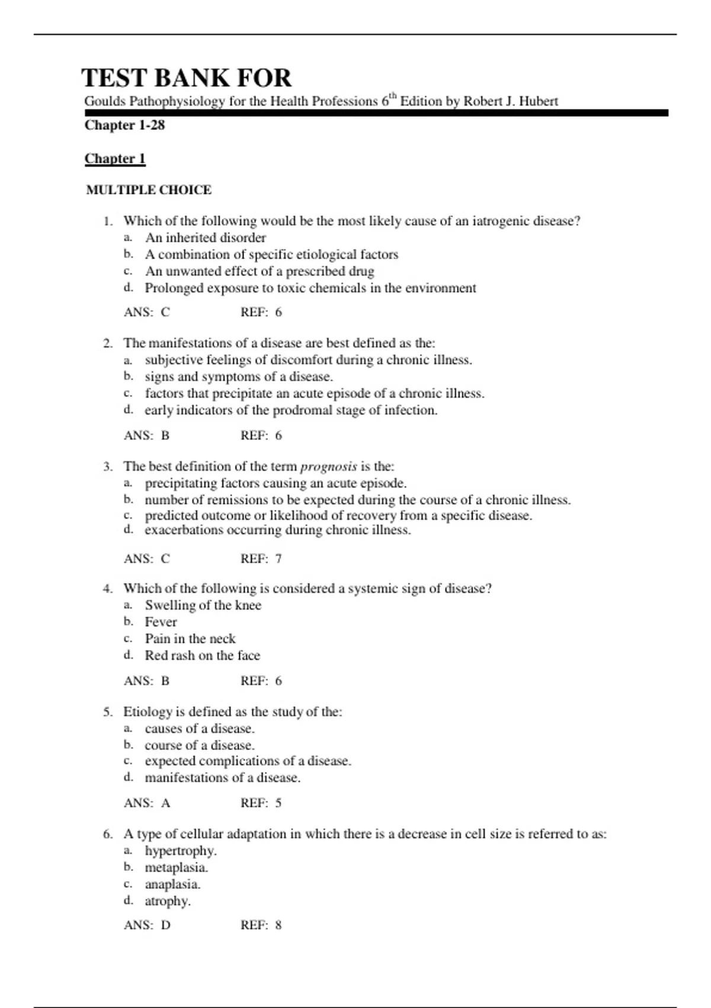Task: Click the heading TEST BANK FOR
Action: click(186, 78)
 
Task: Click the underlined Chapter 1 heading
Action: click(115, 158)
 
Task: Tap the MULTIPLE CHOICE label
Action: click(149, 190)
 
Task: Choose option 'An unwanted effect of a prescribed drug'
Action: click(260, 271)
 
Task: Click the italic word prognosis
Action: click(328, 467)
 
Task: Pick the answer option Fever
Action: click(161, 622)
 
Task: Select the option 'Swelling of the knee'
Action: click(203, 605)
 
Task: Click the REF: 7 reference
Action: click(261, 559)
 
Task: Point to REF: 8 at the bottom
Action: click(261, 925)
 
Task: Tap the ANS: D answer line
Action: click(147, 925)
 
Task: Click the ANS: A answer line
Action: click(147, 803)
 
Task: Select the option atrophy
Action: click(168, 901)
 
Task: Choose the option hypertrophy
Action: click(181, 851)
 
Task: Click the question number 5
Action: click(107, 712)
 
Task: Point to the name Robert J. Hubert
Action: click(510, 101)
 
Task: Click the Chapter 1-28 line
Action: click(124, 125)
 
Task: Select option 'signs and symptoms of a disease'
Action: click(239, 377)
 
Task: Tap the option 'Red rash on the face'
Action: click(202, 655)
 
